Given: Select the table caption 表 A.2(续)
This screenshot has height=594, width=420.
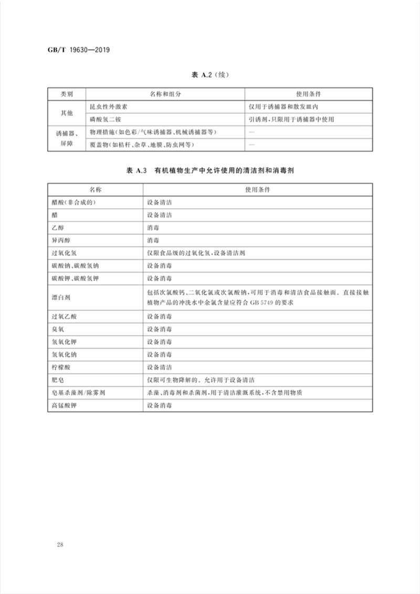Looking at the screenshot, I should coord(210,75).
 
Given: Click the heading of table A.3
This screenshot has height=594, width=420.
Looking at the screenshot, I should coord(210,171).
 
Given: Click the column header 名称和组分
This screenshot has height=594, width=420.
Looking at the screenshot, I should coord(165,94).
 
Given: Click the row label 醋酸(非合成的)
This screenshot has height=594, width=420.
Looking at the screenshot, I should coord(76,202).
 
